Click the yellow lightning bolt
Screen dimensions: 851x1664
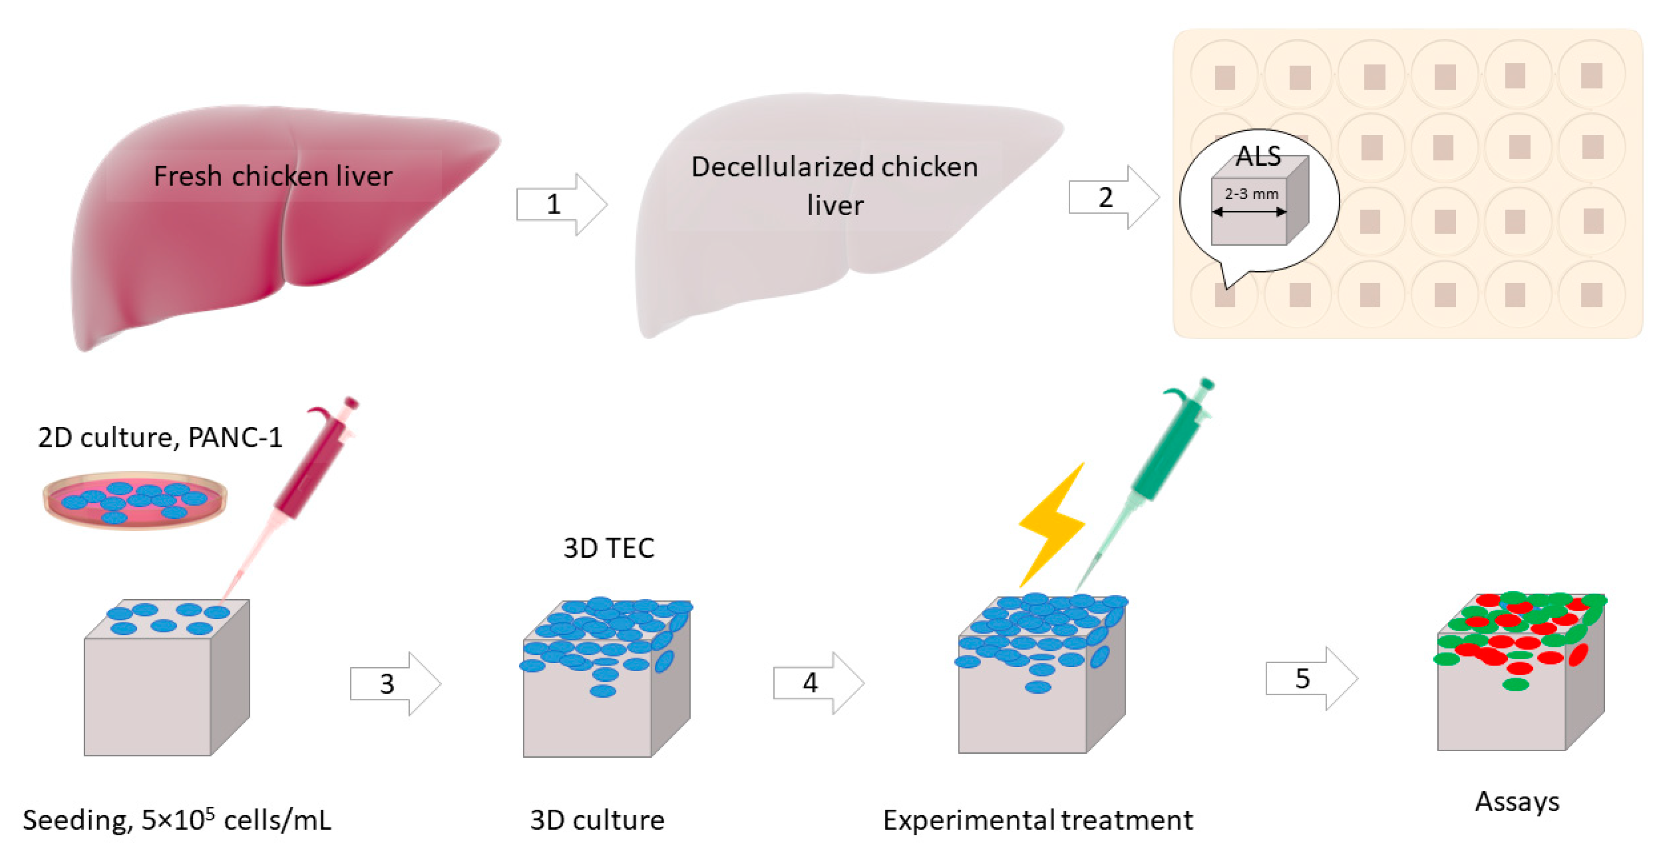1052,523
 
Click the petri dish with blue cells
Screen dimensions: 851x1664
134,500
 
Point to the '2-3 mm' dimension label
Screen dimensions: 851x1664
1251,194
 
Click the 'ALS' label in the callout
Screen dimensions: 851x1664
1258,156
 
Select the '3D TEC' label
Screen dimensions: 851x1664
608,548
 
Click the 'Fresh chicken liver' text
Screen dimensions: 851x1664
272,176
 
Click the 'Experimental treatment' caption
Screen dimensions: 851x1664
1037,819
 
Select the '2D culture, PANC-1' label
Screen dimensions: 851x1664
160,437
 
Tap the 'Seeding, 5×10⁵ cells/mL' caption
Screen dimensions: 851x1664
176,819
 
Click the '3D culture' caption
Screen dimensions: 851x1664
597,819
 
